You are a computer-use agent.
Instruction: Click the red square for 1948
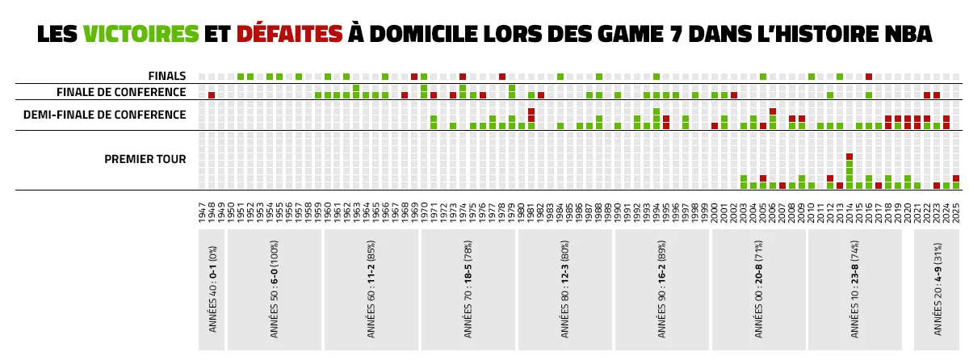click(212, 95)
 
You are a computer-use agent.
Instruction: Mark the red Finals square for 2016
click(869, 77)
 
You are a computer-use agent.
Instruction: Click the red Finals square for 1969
click(414, 77)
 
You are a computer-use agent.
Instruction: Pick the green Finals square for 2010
click(812, 77)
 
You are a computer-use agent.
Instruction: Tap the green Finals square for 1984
click(560, 77)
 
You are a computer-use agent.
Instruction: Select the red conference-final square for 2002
click(734, 95)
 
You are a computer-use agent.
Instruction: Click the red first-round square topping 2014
click(849, 157)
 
